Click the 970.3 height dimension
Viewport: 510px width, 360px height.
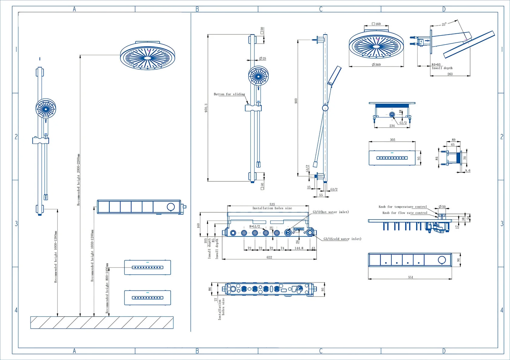coord(206,108)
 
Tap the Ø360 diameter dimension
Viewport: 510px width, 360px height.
coord(376,65)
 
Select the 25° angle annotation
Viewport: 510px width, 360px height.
coord(444,24)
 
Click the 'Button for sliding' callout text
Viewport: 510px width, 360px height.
coord(229,94)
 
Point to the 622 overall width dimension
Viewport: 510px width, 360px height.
coord(269,257)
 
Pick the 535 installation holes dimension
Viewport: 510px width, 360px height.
coord(272,204)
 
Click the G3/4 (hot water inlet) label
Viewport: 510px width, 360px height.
coord(331,212)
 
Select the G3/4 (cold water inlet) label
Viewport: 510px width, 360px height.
coord(342,239)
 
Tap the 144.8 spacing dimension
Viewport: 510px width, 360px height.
coord(299,248)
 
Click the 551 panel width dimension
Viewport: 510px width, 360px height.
coord(410,277)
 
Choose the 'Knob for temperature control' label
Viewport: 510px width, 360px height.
coord(403,207)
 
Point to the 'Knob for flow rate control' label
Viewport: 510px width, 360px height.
coord(405,213)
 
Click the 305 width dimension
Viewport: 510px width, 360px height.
coord(393,140)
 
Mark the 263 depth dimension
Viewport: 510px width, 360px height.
coord(450,74)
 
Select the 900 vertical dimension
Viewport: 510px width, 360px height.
coord(296,101)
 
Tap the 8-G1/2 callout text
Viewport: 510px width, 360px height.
coord(255,227)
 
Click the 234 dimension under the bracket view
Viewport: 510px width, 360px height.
coord(392,126)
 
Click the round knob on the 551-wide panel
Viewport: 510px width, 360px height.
coord(442,260)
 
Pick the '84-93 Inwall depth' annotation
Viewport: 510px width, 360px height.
coord(442,66)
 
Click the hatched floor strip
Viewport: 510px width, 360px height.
coord(102,322)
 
